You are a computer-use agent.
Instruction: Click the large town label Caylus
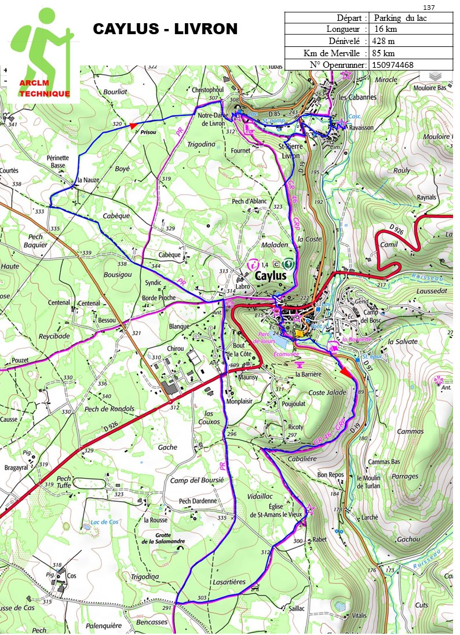271,276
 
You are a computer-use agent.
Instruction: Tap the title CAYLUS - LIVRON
165,29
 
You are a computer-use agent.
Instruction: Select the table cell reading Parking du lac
404,17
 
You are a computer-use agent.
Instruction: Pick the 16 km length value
386,29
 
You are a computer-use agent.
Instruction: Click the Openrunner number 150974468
394,64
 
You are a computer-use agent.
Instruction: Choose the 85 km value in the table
386,53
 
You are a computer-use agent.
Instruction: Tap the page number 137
429,7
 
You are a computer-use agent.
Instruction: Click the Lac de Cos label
104,522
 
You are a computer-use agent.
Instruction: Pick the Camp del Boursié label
196,480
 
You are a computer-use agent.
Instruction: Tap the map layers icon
435,76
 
